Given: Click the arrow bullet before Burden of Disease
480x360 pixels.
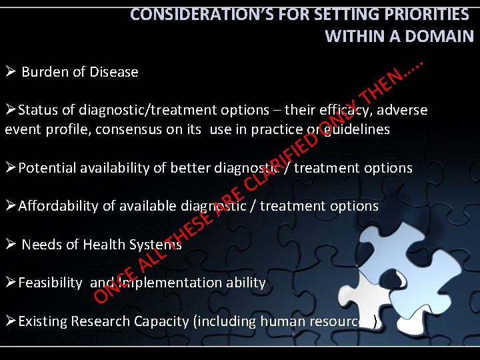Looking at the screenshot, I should [x=9, y=71].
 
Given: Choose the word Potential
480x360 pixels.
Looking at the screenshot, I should [x=47, y=168].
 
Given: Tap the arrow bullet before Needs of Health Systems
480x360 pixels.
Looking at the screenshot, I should [x=9, y=244].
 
